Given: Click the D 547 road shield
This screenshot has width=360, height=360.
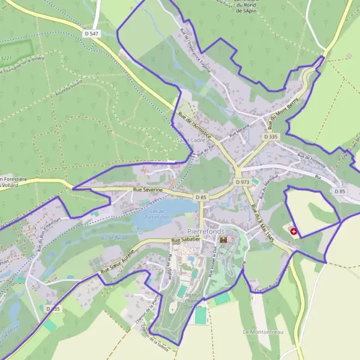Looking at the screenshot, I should (x=91, y=34).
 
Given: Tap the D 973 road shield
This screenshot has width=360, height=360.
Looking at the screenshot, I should (x=242, y=182).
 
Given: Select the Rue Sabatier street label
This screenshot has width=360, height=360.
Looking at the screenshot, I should (x=184, y=241).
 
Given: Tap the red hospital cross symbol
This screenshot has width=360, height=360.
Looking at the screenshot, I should (x=293, y=231).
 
